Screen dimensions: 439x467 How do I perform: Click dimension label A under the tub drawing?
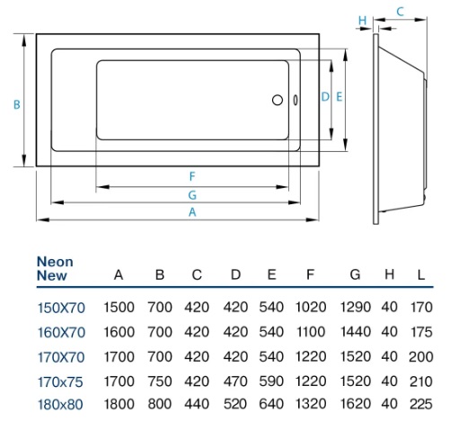tap(191, 212)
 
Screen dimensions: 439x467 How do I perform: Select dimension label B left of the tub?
tap(16, 105)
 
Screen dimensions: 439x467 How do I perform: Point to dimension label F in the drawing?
tap(191, 175)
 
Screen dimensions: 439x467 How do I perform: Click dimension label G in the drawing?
tap(191, 193)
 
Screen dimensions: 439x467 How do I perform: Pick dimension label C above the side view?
tap(400, 11)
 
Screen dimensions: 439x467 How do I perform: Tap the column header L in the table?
tap(419, 274)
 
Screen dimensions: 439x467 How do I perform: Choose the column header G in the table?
tap(355, 274)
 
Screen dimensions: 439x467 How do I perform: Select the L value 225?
tap(419, 405)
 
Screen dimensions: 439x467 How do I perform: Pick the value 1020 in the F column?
tap(311, 308)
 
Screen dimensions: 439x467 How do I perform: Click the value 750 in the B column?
tap(160, 381)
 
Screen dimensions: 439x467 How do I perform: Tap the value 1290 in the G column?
tap(356, 308)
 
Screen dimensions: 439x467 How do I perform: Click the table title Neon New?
tap(55, 269)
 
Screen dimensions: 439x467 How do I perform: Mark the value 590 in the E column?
tap(271, 381)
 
